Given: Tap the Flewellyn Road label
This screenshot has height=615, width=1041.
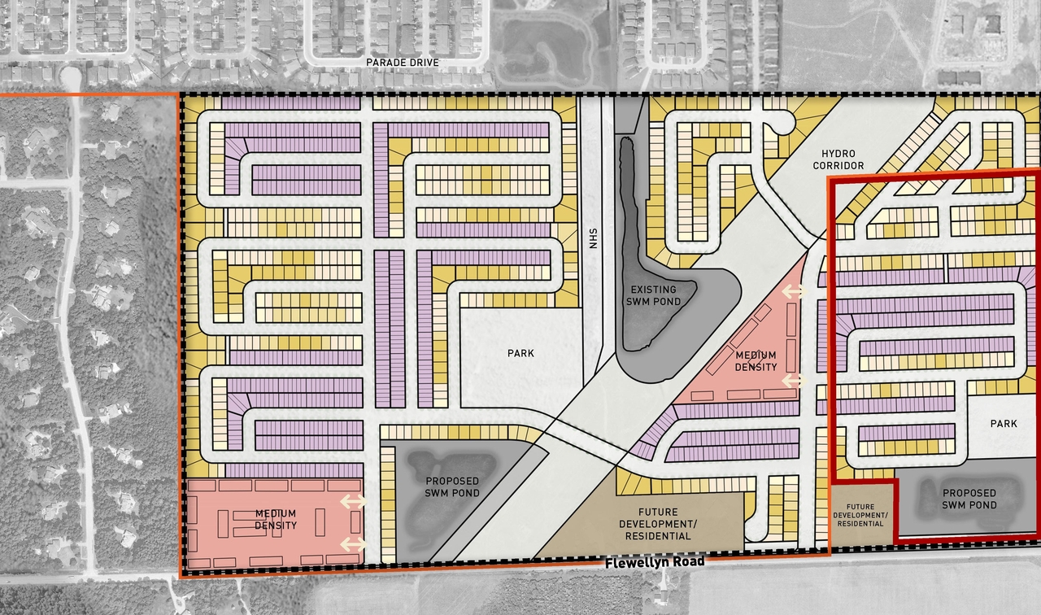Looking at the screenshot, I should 655,562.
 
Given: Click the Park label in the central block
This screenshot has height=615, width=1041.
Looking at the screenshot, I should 521,354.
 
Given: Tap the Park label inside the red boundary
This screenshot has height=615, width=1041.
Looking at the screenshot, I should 1004,424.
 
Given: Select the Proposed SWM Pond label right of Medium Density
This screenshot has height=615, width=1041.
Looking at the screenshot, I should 451,487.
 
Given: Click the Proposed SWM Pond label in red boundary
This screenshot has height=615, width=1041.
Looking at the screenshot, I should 969,499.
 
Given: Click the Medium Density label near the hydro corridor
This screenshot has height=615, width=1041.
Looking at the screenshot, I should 756,361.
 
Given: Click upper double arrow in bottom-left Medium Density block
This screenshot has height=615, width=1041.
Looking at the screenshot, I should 352,502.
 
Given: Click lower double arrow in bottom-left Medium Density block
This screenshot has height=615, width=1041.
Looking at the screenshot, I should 352,543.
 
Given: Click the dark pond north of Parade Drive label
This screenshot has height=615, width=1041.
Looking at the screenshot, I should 536,37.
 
